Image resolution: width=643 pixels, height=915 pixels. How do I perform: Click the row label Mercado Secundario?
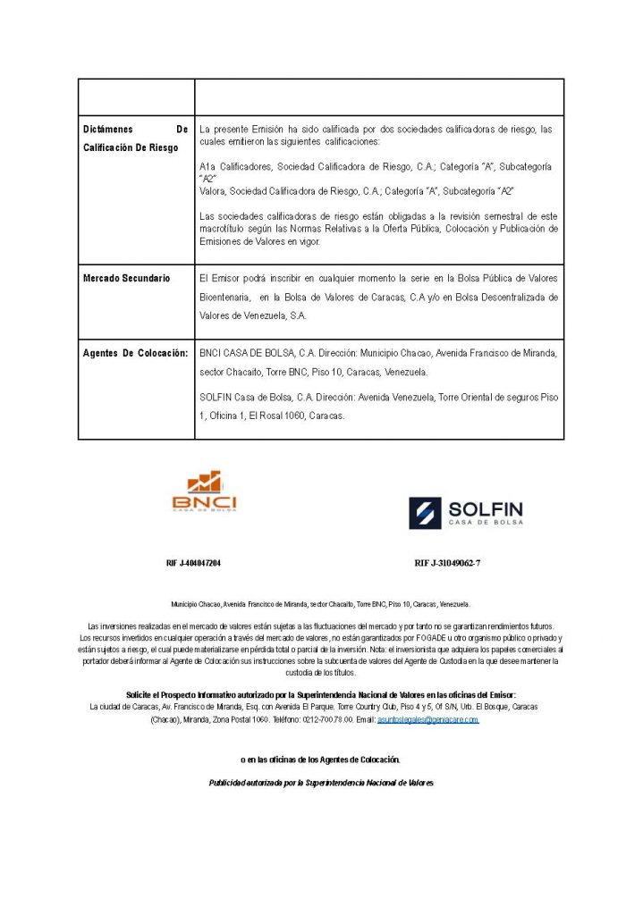126,279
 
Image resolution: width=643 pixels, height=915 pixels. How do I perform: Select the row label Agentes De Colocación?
135,353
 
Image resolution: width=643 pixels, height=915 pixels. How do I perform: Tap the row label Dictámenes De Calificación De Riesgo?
135,138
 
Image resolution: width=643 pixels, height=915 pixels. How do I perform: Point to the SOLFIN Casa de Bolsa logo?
466,513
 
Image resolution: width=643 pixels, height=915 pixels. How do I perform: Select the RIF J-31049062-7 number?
453,564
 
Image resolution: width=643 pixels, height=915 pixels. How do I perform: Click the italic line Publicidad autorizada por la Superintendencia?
321,783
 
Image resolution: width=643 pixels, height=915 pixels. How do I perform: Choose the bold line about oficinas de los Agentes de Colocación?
320,760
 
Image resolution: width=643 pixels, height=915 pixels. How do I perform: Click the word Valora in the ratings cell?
213,191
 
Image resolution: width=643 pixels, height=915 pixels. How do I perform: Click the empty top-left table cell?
136,97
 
